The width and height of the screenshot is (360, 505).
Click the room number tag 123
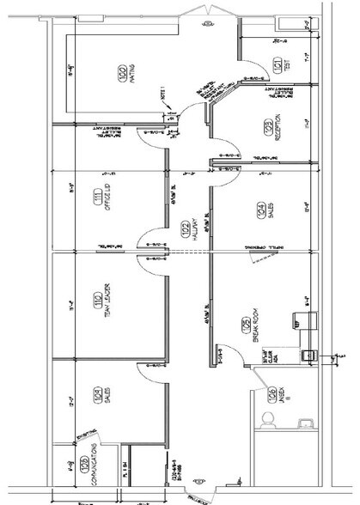click(x=268, y=129)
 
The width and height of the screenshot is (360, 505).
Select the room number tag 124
click(x=260, y=209)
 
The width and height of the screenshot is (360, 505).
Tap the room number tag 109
click(x=97, y=397)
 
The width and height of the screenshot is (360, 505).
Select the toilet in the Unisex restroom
click(x=267, y=421)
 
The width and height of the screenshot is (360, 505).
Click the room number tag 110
click(x=98, y=301)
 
